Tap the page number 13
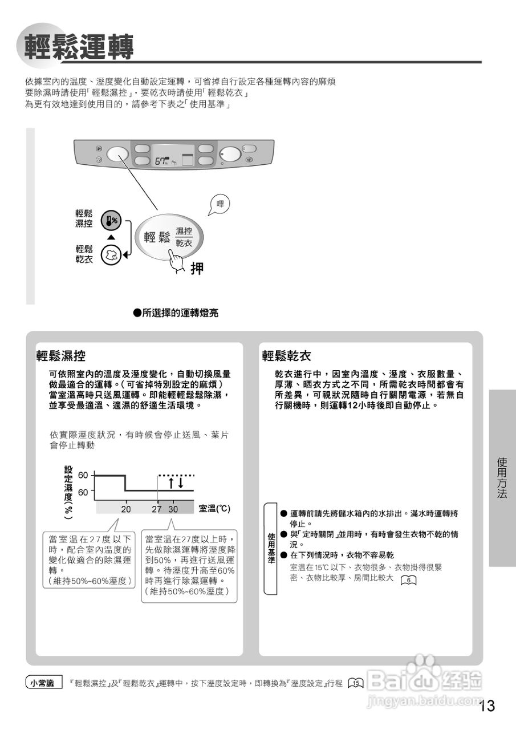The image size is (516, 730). click(487, 706)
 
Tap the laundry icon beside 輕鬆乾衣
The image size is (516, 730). click(111, 255)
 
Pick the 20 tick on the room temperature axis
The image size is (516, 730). click(125, 509)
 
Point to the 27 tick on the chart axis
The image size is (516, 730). click(157, 509)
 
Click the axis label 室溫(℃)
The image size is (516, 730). click(214, 508)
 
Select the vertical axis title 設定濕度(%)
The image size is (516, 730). click(68, 492)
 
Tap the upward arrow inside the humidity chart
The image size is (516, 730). click(170, 483)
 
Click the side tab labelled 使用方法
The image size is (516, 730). click(502, 477)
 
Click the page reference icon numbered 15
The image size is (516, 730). click(356, 683)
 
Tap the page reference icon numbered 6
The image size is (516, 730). click(409, 580)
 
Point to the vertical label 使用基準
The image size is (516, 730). click(271, 548)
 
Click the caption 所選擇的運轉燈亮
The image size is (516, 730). click(176, 313)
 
